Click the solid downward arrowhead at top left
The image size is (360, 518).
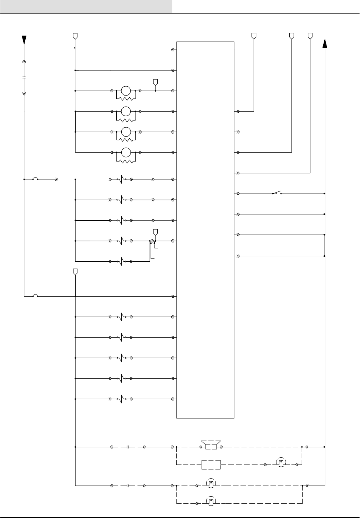[x=24, y=40]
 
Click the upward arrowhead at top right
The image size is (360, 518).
[x=325, y=43]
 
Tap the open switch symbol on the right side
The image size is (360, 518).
[x=277, y=193]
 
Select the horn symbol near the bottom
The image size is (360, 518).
[x=211, y=446]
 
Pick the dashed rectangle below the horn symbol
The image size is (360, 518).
[x=211, y=465]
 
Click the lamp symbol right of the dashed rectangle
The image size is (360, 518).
[x=281, y=463]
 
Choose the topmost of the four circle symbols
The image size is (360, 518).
[x=126, y=91]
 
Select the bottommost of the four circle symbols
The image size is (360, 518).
[x=126, y=152]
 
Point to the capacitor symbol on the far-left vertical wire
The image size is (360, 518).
[x=24, y=77]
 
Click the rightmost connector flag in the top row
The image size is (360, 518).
[x=310, y=36]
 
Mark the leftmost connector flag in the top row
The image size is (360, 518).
[x=75, y=36]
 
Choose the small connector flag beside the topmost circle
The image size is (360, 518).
[x=155, y=82]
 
